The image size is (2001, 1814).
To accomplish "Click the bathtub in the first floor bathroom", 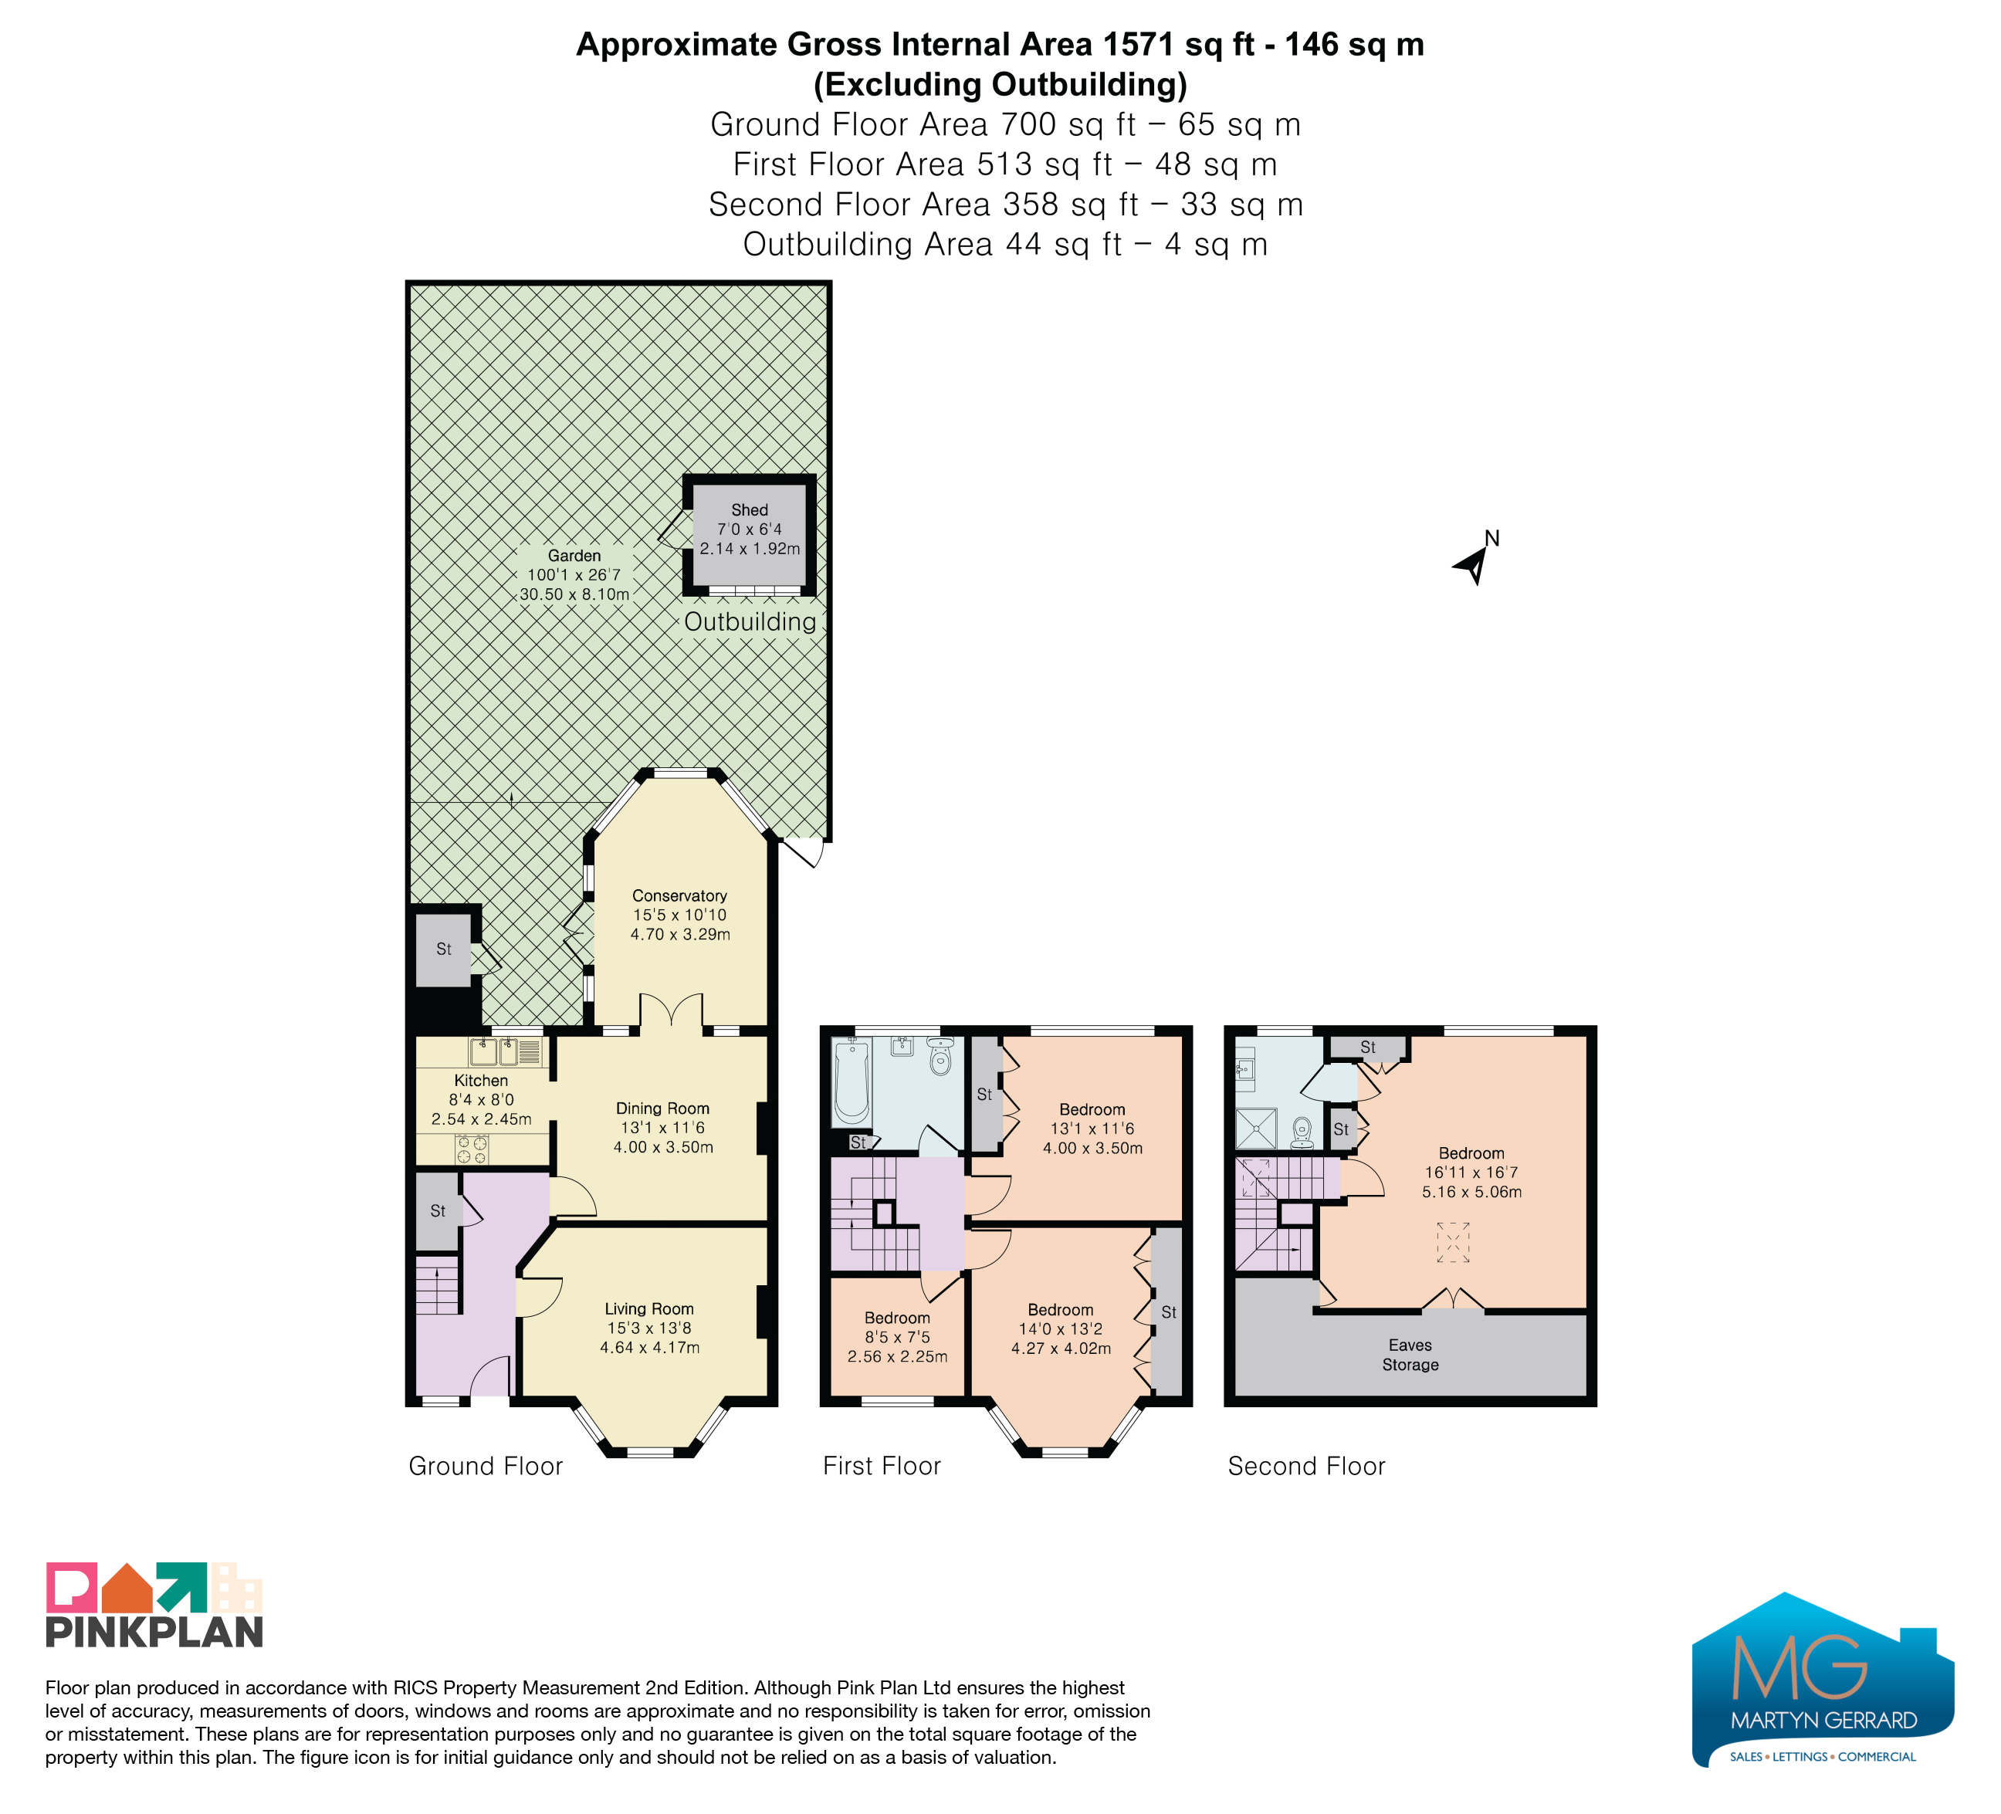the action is tap(852, 1081).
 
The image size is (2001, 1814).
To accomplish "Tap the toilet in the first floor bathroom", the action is tap(940, 1057).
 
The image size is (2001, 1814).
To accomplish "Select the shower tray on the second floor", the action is tap(1258, 1129).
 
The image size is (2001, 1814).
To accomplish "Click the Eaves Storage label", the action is tap(1410, 1355).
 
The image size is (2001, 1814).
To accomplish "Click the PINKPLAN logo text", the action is tap(154, 1633).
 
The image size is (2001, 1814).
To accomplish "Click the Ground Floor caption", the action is tap(486, 1466).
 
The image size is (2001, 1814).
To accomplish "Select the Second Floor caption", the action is tap(1306, 1466).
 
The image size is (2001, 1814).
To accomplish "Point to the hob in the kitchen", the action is tap(472, 1150).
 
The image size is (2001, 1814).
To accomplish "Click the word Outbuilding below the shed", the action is tap(750, 622).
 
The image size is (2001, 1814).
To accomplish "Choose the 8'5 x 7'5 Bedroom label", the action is tap(897, 1337).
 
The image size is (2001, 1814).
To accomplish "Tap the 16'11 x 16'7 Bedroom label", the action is tap(1472, 1172).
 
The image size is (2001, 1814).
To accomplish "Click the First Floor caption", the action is tap(882, 1466).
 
